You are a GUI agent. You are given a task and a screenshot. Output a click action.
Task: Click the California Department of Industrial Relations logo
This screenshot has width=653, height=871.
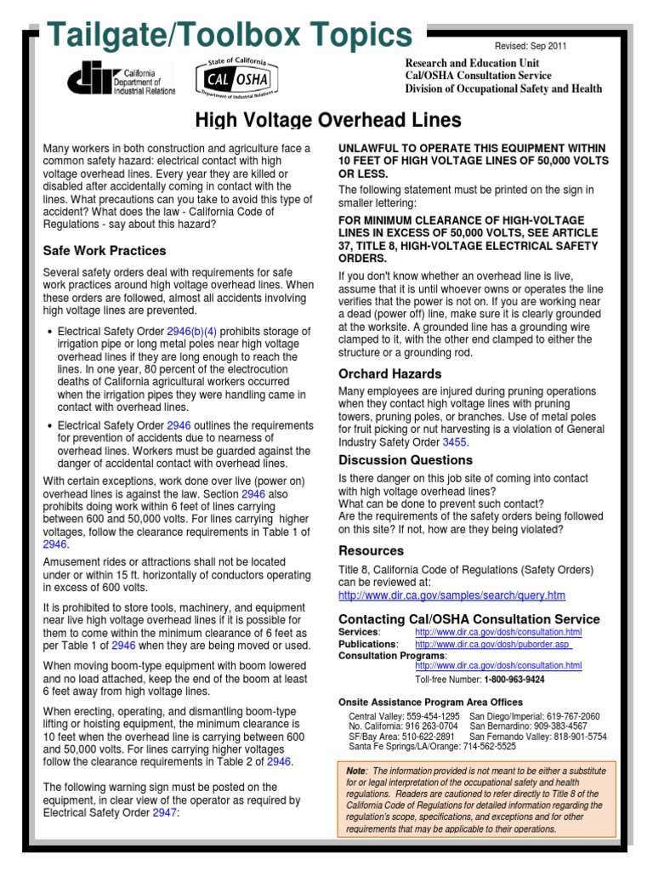[121, 79]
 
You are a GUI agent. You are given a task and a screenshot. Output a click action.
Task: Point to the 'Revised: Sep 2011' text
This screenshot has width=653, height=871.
[530, 47]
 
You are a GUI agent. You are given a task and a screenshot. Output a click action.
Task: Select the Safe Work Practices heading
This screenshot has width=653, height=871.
[105, 251]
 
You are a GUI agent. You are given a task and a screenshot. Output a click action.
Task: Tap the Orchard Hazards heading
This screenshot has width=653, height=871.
[389, 373]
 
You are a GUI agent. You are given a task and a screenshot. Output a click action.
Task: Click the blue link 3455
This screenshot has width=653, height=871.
[454, 442]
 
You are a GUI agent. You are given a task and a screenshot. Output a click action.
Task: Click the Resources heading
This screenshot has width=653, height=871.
[371, 550]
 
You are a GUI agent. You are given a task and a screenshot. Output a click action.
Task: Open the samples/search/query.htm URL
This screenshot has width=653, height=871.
[451, 595]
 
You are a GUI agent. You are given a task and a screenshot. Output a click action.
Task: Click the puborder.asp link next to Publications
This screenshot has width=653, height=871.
[493, 644]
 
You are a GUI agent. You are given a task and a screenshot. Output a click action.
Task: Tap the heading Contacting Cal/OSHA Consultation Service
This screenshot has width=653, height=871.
[468, 619]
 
